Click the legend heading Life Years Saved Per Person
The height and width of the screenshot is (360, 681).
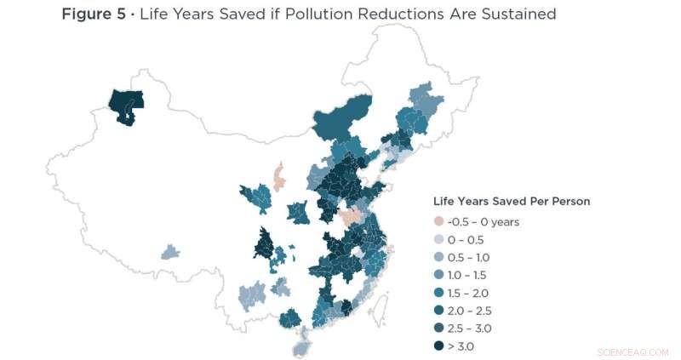tap(512, 202)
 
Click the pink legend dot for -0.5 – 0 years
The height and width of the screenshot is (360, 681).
tap(439, 221)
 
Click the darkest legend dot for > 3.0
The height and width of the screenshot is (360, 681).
tap(439, 346)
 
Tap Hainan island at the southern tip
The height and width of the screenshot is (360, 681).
tap(301, 345)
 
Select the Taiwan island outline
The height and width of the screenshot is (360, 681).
tap(381, 304)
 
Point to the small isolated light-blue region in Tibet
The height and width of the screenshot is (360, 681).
tap(170, 252)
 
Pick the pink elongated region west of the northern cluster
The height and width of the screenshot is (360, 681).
tap(278, 177)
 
